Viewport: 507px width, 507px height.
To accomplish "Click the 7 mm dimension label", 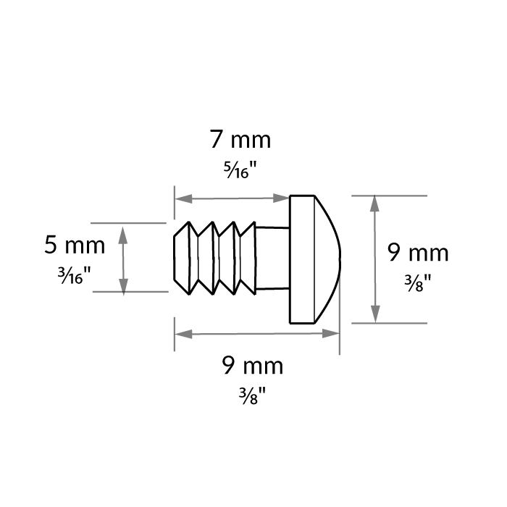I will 239,140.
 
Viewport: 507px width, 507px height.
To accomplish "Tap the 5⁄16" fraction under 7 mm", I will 239,171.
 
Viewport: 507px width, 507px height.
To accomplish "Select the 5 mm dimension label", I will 75,245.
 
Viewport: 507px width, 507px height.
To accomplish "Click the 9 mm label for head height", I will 418,253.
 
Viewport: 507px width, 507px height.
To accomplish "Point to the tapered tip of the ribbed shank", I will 180,258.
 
